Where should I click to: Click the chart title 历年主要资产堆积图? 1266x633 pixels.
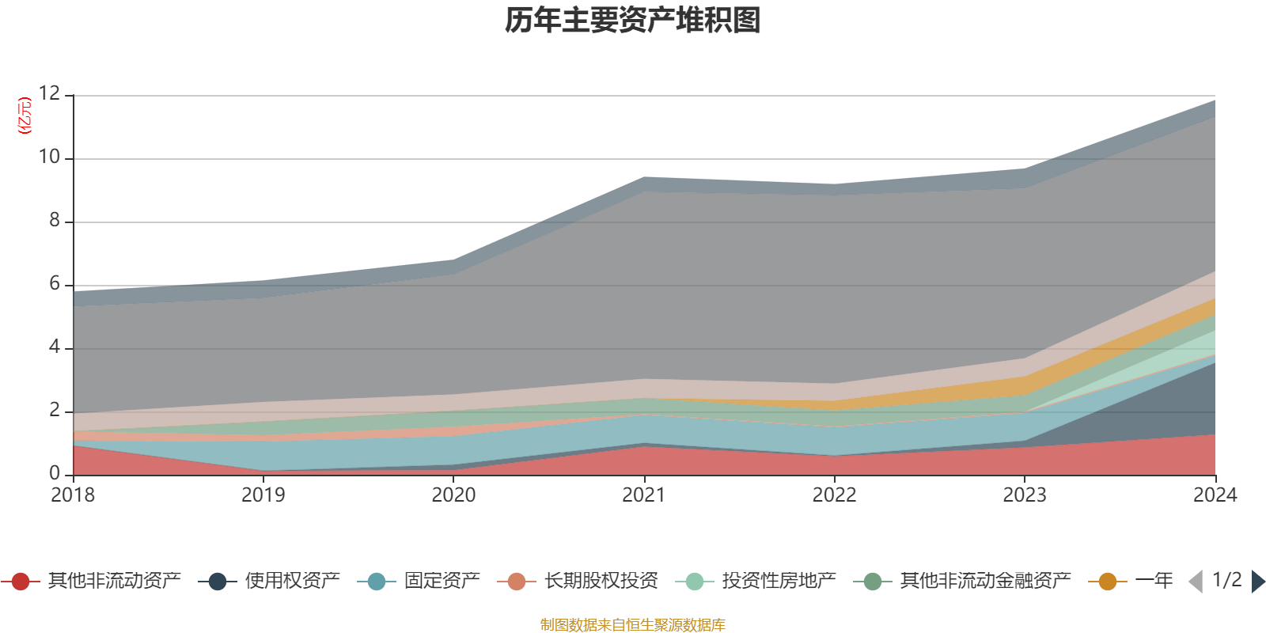tap(633, 21)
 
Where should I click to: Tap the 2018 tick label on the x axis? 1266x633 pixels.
tap(73, 495)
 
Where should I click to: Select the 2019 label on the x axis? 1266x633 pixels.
tap(263, 495)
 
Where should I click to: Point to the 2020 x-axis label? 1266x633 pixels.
tap(453, 495)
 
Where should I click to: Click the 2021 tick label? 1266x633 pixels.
tap(644, 495)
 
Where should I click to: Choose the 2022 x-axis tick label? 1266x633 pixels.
tap(834, 495)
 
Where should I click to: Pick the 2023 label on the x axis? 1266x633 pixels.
tap(1025, 495)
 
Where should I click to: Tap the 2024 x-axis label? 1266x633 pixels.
tap(1215, 495)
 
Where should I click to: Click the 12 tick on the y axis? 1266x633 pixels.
tap(49, 94)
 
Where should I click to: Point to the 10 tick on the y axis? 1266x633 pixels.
tap(49, 157)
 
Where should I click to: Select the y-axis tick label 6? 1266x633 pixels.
tap(55, 284)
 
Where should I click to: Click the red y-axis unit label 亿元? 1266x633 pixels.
tap(25, 116)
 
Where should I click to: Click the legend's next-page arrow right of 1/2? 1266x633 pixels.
tap(1257, 582)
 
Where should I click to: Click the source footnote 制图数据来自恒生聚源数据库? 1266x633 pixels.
tap(633, 625)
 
